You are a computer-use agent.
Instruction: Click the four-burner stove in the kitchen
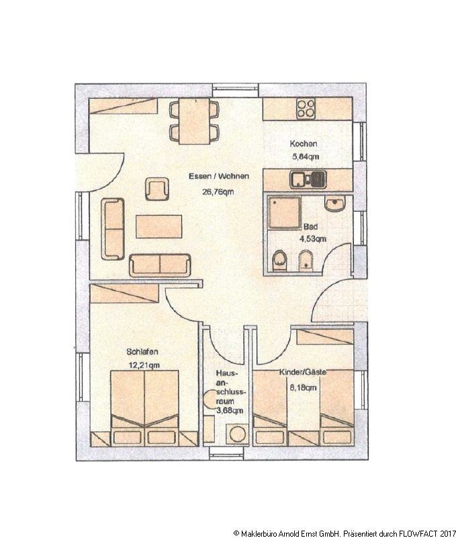coord(306,108)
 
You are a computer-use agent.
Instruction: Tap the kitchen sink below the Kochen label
coord(308,180)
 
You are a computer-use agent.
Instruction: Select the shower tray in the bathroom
coord(284,212)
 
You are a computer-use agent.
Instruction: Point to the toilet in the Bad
coord(279,261)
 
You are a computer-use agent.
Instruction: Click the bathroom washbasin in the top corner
coord(334,204)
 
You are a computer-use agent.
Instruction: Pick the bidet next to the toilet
coord(306,261)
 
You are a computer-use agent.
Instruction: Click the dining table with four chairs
coord(194,121)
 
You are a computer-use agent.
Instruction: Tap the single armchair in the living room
coord(157,189)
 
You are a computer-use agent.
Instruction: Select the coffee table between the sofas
coord(158,227)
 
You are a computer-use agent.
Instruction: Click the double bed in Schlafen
coord(144,408)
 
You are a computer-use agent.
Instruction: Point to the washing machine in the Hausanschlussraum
coord(237,434)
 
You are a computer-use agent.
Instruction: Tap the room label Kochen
coord(304,144)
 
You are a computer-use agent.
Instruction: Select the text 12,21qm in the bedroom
coord(144,364)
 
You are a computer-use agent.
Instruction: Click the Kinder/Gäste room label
coord(303,372)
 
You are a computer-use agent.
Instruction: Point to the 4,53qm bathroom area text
coord(313,239)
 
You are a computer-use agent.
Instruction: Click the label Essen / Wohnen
coord(219,176)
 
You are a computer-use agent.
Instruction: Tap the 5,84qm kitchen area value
coord(306,157)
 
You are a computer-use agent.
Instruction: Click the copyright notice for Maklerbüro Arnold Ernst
coord(345,533)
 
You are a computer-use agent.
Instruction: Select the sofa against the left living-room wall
coord(112,229)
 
